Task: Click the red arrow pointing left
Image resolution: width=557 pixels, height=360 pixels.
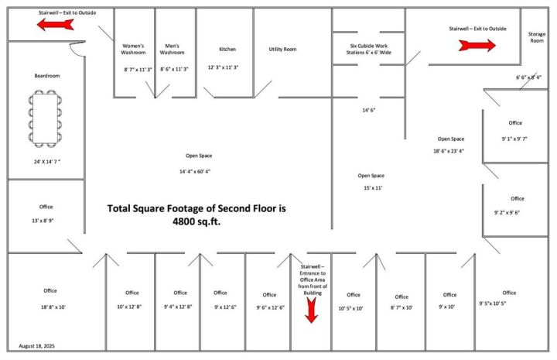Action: (56, 25)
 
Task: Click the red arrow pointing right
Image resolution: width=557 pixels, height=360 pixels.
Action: (477, 46)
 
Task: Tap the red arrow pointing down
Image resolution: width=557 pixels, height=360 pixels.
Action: (312, 310)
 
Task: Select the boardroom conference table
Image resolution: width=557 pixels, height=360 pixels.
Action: (45, 118)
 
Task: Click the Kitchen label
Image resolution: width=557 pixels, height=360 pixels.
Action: (227, 49)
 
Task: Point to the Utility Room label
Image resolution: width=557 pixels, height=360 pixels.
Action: (283, 49)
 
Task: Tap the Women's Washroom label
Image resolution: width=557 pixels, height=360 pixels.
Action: (133, 49)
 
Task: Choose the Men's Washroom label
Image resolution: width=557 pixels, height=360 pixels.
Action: (172, 49)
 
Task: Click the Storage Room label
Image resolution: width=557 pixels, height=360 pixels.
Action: (537, 37)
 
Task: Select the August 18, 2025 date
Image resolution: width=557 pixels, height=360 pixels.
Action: (37, 346)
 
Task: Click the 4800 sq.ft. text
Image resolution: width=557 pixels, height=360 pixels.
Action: (196, 221)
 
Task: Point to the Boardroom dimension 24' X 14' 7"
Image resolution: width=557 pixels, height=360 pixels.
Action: (47, 162)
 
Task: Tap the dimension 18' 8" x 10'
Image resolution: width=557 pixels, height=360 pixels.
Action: (53, 307)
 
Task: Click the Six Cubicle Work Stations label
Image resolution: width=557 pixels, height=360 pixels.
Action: (369, 49)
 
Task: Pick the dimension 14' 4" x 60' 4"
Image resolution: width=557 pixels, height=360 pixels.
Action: (195, 172)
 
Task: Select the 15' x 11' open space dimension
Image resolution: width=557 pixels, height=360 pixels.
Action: (373, 188)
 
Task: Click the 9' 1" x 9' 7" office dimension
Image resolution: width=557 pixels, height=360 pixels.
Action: (514, 139)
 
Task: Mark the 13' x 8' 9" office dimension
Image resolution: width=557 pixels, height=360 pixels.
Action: (43, 221)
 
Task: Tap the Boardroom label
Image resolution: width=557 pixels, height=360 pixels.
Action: (47, 76)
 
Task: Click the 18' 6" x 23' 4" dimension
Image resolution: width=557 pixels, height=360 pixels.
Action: (449, 151)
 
